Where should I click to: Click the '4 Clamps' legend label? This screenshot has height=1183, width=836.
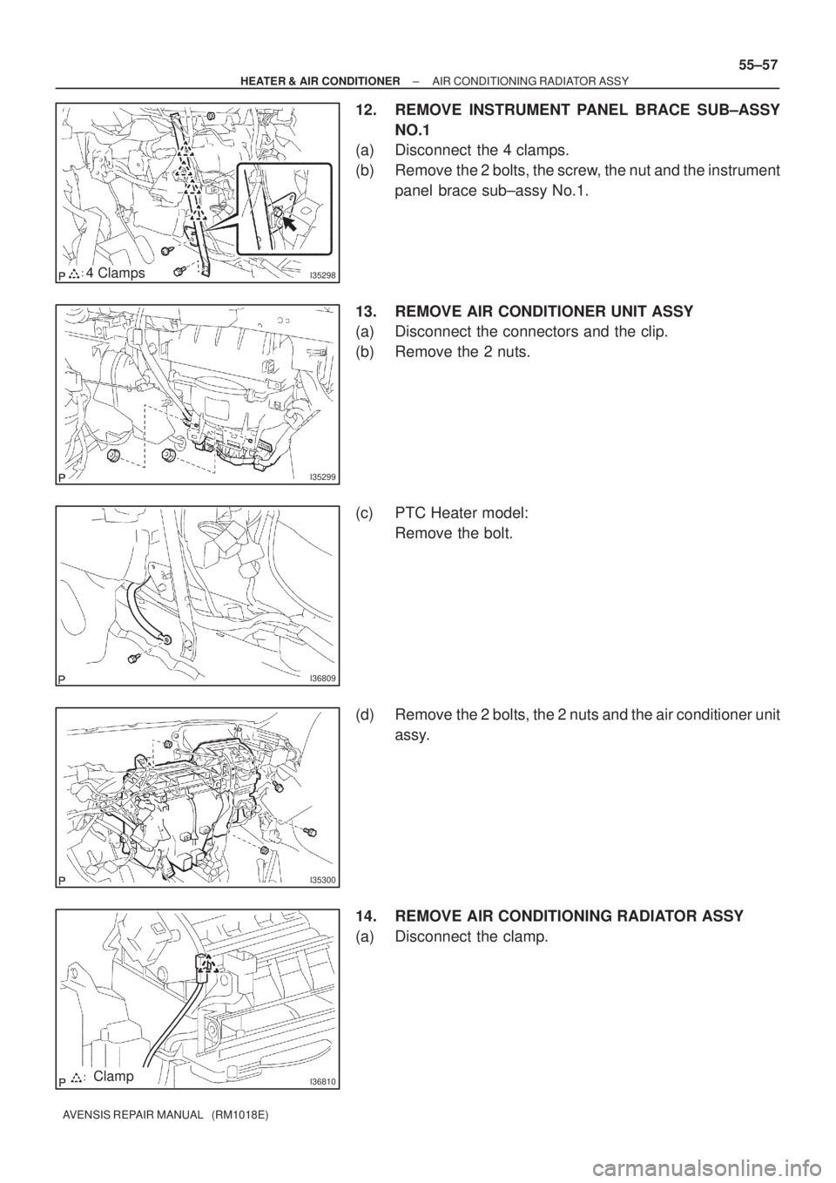coord(116,273)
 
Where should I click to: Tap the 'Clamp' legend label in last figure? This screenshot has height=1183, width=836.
coord(113,1076)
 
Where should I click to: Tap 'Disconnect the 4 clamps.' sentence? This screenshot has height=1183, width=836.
coord(482,151)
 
